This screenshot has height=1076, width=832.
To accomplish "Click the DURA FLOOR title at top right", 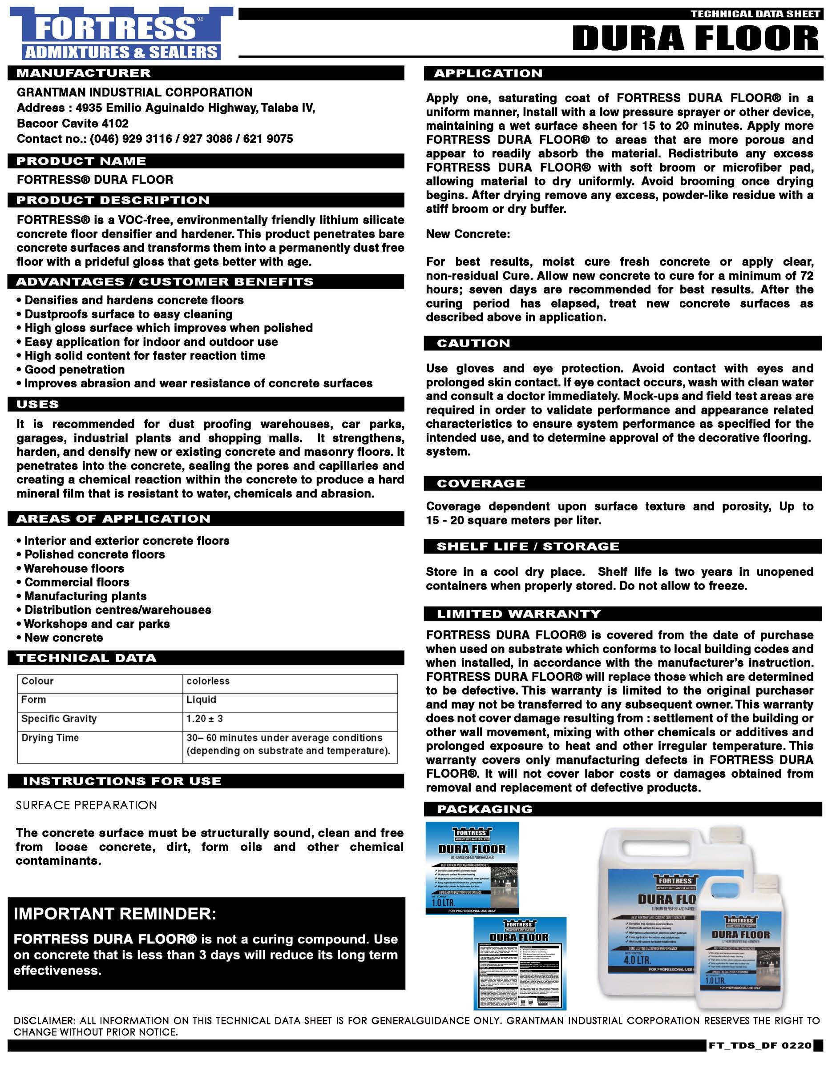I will [x=695, y=38].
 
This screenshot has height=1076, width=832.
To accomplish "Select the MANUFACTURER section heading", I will [x=83, y=73].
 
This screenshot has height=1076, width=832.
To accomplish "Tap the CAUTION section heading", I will [x=473, y=343].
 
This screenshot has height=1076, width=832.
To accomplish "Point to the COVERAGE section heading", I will [x=481, y=483].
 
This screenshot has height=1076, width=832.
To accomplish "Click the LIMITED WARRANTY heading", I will [x=518, y=614].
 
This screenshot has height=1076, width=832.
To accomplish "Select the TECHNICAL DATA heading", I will [x=86, y=658].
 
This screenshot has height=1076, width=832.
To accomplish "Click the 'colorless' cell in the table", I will [x=208, y=681].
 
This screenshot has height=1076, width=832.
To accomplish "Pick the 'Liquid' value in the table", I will [x=201, y=699].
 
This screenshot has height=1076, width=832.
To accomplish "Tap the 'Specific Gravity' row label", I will [x=59, y=719].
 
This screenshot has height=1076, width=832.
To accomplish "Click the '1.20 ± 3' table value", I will [x=205, y=719].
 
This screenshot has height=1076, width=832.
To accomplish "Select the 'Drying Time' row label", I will [x=50, y=738].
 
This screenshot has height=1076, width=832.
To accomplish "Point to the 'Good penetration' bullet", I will [x=74, y=369].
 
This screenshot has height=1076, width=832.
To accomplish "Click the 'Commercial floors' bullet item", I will [x=77, y=582].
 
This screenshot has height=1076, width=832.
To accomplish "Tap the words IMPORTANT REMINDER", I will [x=115, y=914].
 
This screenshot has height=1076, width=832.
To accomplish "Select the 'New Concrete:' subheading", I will [x=468, y=234].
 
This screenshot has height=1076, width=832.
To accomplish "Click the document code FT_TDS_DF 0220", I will [x=759, y=1059].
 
